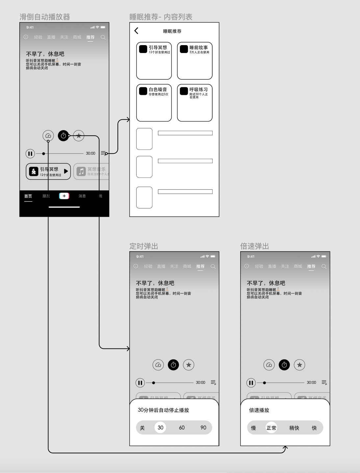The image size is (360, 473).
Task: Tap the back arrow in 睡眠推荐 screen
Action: click(137, 31)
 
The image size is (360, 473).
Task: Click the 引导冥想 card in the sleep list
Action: click(154, 61)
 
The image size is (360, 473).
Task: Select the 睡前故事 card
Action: click(195, 61)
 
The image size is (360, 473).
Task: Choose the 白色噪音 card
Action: click(154, 103)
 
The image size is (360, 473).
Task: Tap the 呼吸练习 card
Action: click(195, 103)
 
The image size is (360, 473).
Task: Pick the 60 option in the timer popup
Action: click(182, 428)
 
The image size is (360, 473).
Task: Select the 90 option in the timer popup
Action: click(203, 428)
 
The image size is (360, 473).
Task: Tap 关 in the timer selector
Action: click(142, 428)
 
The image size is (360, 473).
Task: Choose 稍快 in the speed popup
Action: click(294, 428)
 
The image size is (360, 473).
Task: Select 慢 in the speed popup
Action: click(253, 428)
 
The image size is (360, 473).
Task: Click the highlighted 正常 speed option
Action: click(271, 428)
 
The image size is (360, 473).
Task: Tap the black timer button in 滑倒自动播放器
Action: click(64, 135)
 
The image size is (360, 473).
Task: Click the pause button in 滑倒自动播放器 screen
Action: click(30, 153)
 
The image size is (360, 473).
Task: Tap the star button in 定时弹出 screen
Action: click(189, 365)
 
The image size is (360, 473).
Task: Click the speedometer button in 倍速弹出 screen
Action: click(269, 365)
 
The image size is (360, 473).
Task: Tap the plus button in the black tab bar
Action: click(64, 196)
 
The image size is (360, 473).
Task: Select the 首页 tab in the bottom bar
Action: click(28, 196)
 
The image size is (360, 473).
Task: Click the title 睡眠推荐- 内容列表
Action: click(161, 17)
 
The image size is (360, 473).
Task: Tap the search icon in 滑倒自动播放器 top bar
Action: click(103, 38)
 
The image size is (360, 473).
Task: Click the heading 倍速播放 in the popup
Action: click(259, 410)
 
